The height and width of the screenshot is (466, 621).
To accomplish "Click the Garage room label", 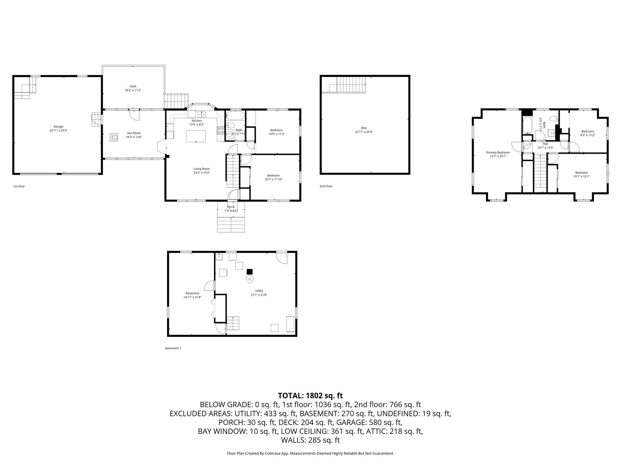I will coord(59,127).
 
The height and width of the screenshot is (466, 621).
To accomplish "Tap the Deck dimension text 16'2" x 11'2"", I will coord(133,90).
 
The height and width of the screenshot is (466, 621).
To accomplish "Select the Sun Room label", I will coord(134,133).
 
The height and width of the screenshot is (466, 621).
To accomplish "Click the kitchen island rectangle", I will coord(196,136).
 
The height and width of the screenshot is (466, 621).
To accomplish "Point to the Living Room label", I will coord(202,169).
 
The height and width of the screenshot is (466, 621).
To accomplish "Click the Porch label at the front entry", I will coord(231,207).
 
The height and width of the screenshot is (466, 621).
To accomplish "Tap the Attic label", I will coord(364,128).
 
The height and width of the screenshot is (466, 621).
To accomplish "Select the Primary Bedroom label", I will coord(498,152).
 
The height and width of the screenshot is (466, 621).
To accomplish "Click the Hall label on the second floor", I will coord(545,144).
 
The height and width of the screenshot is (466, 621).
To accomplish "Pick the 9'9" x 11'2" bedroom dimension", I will coord(587,135).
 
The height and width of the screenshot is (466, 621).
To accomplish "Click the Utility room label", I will coord(259,291).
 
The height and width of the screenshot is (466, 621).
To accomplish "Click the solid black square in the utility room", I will coord(250,272).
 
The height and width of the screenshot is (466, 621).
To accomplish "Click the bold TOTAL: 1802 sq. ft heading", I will coord(310,396).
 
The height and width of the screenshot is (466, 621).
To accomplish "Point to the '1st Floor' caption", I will coord(19,186).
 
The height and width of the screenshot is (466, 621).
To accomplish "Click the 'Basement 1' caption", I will coord(173,348).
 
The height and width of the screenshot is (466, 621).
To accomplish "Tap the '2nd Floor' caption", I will coord(326,186).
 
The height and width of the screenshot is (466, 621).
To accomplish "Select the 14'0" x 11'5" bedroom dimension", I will coord(277,134).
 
